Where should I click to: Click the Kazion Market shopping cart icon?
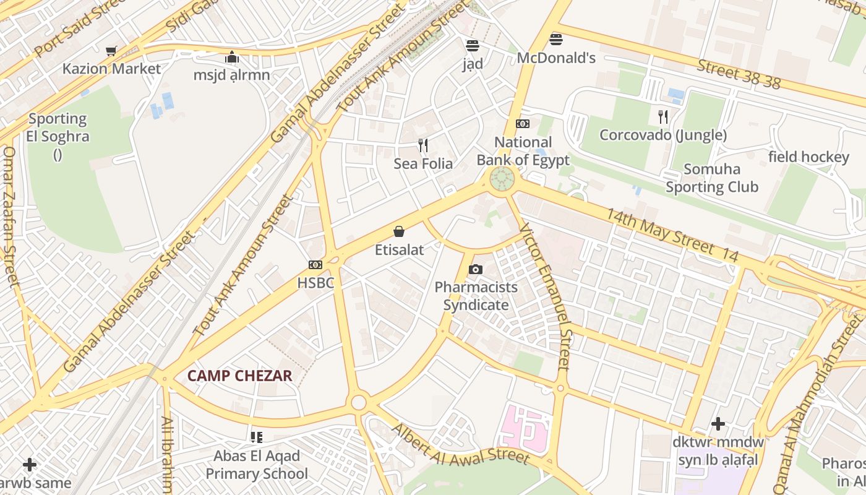tap(111, 51)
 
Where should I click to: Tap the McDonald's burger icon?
tap(555, 40)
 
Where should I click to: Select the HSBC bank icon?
tap(315, 265)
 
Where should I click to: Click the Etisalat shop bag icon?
tap(399, 232)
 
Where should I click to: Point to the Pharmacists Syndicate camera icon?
tap(475, 269)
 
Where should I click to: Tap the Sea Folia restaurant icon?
tap(423, 146)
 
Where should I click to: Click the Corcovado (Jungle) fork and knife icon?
tap(662, 117)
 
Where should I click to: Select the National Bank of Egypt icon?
tap(523, 124)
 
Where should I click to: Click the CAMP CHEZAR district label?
tap(239, 376)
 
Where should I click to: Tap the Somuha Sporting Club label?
tap(712, 178)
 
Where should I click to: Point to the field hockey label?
tap(808, 157)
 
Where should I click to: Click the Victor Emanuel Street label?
tap(547, 296)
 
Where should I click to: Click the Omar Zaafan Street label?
tap(11, 217)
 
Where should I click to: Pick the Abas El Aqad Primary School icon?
tap(257, 438)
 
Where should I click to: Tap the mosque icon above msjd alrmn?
tap(232, 58)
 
